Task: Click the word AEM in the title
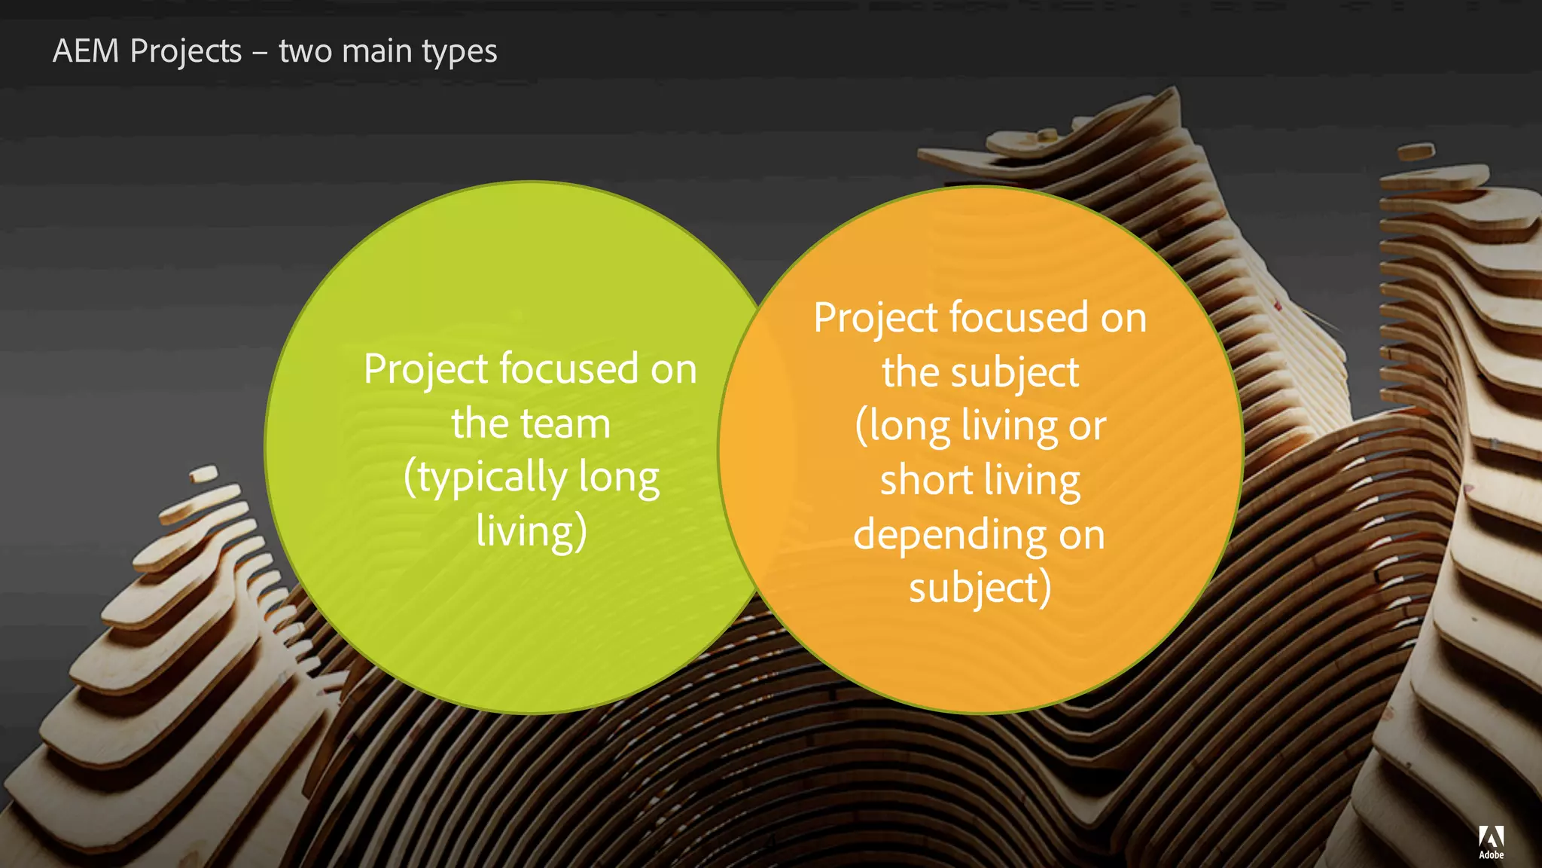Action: [86, 51]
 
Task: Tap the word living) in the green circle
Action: [532, 530]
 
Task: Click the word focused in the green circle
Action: [568, 369]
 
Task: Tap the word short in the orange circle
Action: [927, 480]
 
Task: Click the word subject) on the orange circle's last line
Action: [980, 589]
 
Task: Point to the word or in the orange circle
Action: [1087, 426]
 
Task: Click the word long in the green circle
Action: [619, 478]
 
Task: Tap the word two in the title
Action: [305, 51]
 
